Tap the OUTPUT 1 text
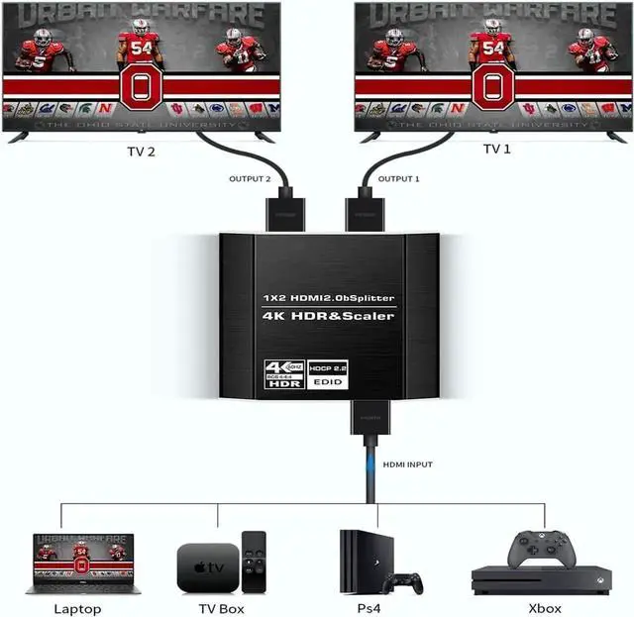[x=399, y=179]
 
